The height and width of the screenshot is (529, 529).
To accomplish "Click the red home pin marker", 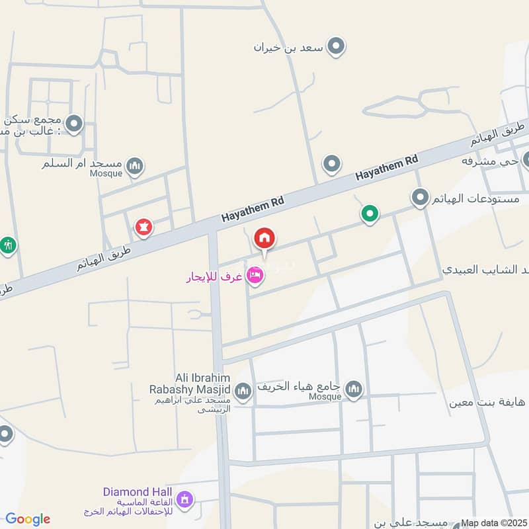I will (x=264, y=238).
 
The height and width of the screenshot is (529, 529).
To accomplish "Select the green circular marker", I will (x=370, y=214).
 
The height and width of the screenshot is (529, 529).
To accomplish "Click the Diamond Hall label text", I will (x=138, y=492).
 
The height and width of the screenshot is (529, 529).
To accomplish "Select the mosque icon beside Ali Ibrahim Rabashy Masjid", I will (x=243, y=391).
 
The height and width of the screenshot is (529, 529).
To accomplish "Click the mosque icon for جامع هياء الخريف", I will (x=354, y=389).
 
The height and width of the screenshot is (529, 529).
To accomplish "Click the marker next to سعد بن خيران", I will (x=337, y=46).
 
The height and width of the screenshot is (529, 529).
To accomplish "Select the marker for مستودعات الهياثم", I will (x=419, y=198).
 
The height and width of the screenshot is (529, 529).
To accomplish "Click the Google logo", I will (x=27, y=519).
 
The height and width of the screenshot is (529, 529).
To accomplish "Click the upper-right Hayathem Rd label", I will (x=387, y=168).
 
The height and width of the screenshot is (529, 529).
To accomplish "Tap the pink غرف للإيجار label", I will (x=214, y=278).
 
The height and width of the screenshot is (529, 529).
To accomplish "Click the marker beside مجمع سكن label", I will (x=74, y=123).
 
